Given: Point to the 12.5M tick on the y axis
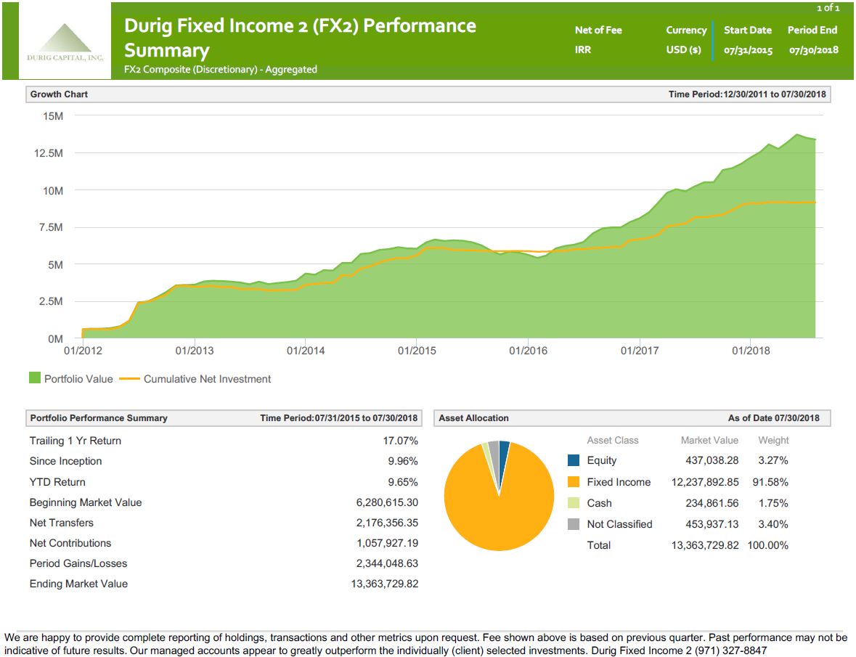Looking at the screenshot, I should coord(49,153).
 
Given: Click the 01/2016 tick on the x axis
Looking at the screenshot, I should coord(528,351).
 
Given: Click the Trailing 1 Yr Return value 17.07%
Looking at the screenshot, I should coord(400,441).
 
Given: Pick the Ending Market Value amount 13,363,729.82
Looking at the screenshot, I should coord(384,584).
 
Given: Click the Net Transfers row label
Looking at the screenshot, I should coord(62,523).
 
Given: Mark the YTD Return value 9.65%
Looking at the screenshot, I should coord(403,482).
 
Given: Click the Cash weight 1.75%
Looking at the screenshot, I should coord(773,503).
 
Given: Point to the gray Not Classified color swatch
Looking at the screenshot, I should coord(574,524).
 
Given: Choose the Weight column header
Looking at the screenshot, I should coord(773,440).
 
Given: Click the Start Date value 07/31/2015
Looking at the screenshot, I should coord(748,50).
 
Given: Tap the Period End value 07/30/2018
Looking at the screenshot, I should coord(813,50).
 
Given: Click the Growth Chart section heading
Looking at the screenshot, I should coord(59,94).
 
